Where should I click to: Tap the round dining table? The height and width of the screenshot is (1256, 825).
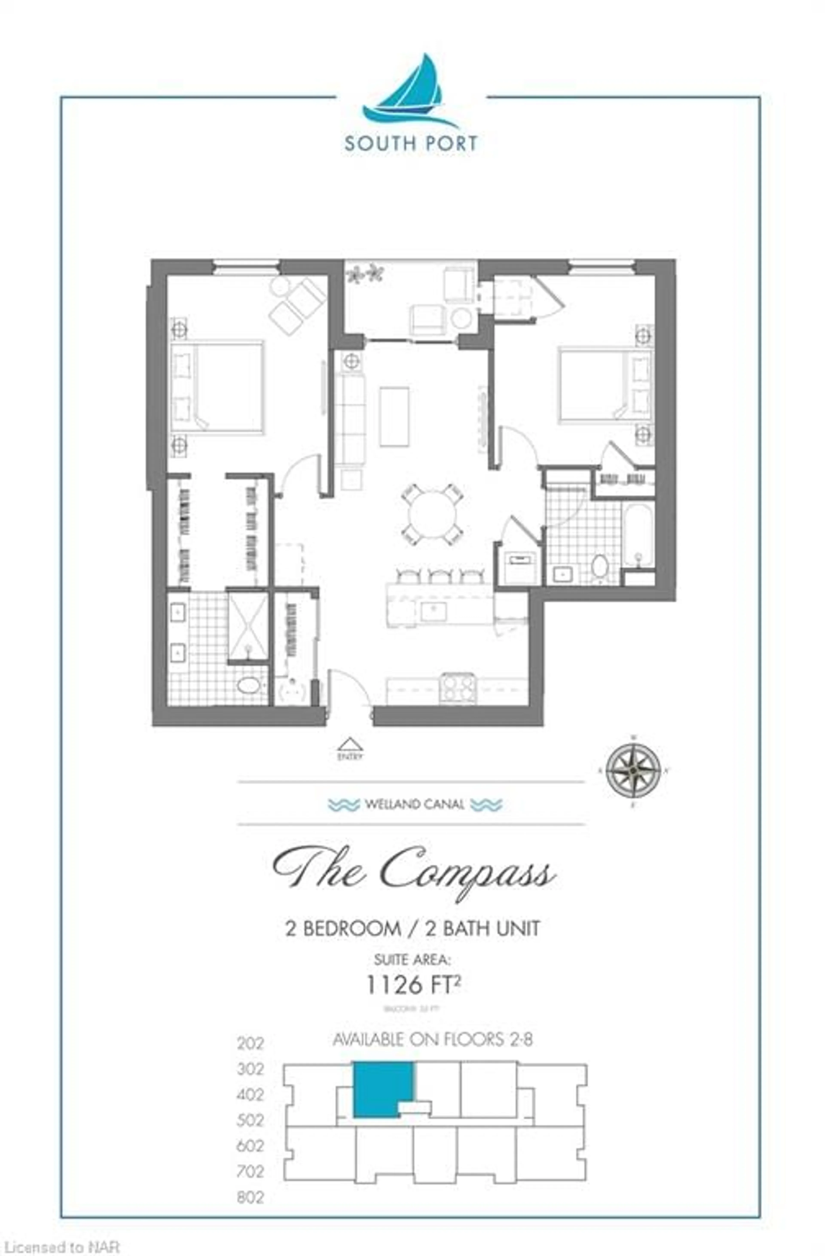(432, 515)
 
